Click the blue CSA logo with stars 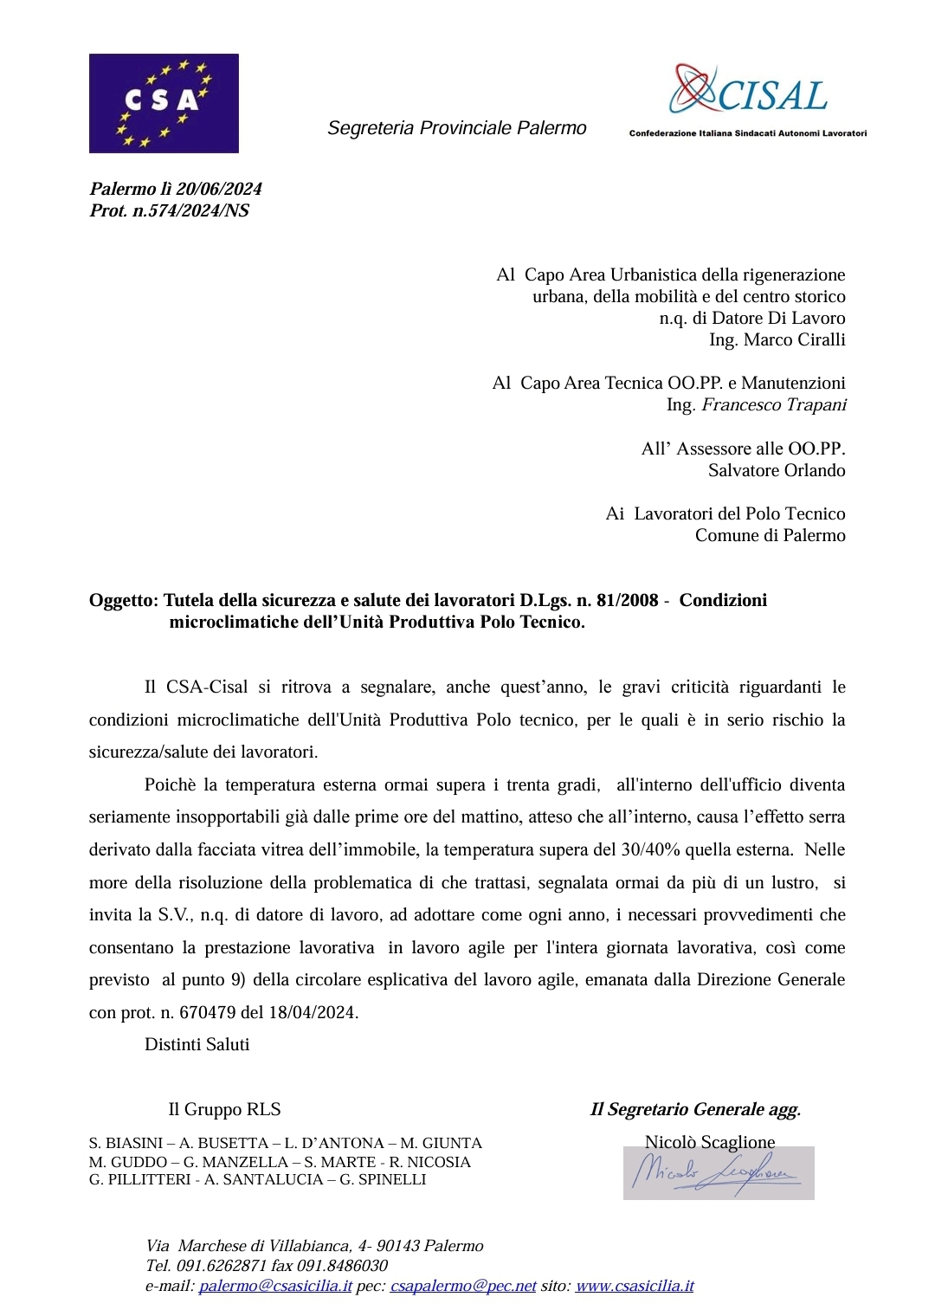[x=164, y=103]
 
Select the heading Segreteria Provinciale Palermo [x=456, y=128]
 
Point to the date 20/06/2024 [x=219, y=189]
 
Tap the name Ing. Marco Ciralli [x=777, y=339]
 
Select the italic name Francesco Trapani [x=773, y=404]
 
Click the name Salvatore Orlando [x=776, y=470]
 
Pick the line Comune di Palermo [x=770, y=535]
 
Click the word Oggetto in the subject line [x=122, y=600]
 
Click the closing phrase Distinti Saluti [x=197, y=1044]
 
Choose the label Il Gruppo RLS [x=224, y=1109]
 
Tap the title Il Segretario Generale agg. [x=695, y=1109]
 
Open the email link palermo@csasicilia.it [x=275, y=1286]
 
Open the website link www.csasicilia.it [x=634, y=1286]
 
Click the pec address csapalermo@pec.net [x=463, y=1286]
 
